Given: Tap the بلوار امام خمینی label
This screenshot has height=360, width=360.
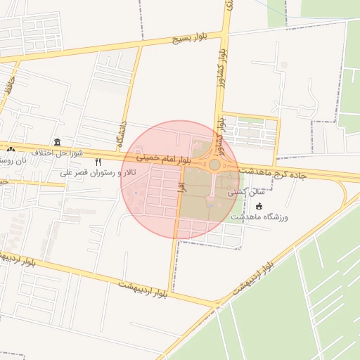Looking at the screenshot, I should click(x=162, y=159).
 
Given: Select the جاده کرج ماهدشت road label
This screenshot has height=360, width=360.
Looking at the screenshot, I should click(x=284, y=172).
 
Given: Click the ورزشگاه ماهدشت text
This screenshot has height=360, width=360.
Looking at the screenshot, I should click(x=263, y=217).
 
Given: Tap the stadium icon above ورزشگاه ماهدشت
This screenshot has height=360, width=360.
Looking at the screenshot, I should click(x=259, y=206).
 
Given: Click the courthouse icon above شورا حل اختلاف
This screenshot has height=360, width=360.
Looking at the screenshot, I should click(x=57, y=142).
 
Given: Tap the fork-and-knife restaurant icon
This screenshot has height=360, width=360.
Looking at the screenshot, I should click(x=98, y=162).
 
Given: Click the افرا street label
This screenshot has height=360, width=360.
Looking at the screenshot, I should click(x=181, y=186).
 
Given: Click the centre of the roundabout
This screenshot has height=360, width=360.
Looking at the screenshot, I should click(x=214, y=165).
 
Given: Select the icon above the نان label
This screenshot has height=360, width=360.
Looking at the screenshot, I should click(x=10, y=150).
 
